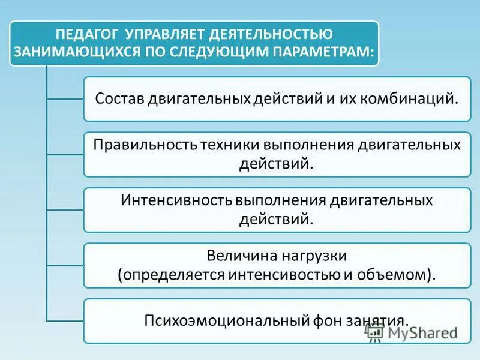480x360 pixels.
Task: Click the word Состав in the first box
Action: pyautogui.click(x=119, y=98)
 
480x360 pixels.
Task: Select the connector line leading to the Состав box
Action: pyautogui.click(x=65, y=98)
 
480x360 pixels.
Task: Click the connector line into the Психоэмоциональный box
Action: pyautogui.click(x=65, y=320)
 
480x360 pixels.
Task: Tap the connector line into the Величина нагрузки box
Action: pyautogui.click(x=65, y=265)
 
